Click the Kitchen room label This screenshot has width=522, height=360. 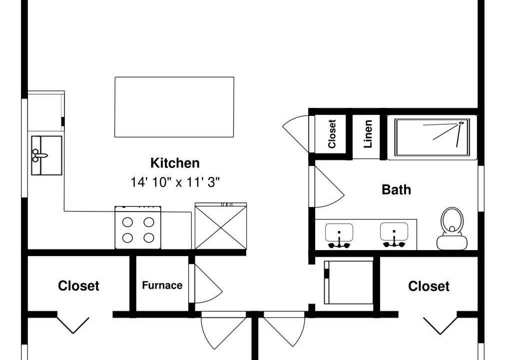pyautogui.click(x=175, y=163)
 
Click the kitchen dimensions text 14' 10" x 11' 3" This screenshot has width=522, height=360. pyautogui.click(x=175, y=182)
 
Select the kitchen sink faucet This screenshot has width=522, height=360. pyautogui.click(x=40, y=155)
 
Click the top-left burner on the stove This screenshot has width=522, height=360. pyautogui.click(x=127, y=222)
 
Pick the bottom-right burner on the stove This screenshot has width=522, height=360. pyautogui.click(x=149, y=237)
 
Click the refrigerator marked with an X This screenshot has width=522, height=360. pyautogui.click(x=221, y=226)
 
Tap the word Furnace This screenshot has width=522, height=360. pyautogui.click(x=162, y=285)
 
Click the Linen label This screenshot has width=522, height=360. pyautogui.click(x=368, y=134)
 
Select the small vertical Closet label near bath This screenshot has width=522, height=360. pyautogui.click(x=332, y=133)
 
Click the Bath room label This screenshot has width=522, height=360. pyautogui.click(x=396, y=189)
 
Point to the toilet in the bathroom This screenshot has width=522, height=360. pyautogui.click(x=452, y=228)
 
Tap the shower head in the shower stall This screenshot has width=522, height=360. pyautogui.click(x=462, y=123)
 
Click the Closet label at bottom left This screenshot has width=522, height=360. pyautogui.click(x=78, y=286)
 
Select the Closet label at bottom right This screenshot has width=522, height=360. pyautogui.click(x=429, y=286)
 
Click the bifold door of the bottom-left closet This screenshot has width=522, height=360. pyautogui.click(x=73, y=324)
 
